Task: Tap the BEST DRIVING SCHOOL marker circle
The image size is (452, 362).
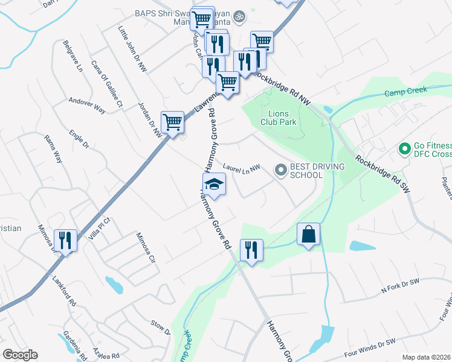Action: click(280, 171)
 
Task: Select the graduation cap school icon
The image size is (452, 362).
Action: click(214, 184)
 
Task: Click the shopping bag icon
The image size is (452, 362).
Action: click(308, 234)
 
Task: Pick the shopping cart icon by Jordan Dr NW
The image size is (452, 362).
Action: click(173, 122)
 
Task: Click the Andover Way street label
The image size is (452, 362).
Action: click(87, 106)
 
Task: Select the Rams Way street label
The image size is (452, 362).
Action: click(53, 148)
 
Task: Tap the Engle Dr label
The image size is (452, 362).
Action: click(79, 139)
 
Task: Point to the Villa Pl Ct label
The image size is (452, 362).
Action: click(100, 229)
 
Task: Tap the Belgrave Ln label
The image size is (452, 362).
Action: click(73, 56)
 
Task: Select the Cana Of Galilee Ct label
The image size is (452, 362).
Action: click(106, 83)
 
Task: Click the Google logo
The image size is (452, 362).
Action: click(20, 355)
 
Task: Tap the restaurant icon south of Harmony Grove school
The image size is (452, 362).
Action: click(251, 250)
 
